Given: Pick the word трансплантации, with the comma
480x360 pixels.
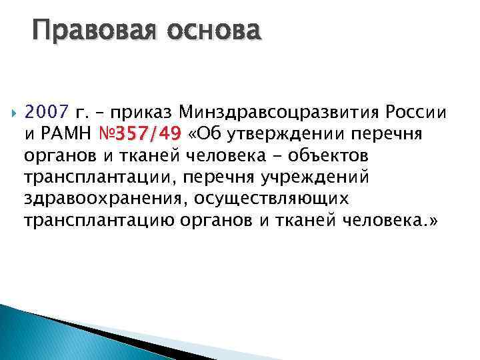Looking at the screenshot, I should [93, 178].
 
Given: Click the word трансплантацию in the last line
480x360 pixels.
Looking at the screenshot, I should [101, 222].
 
